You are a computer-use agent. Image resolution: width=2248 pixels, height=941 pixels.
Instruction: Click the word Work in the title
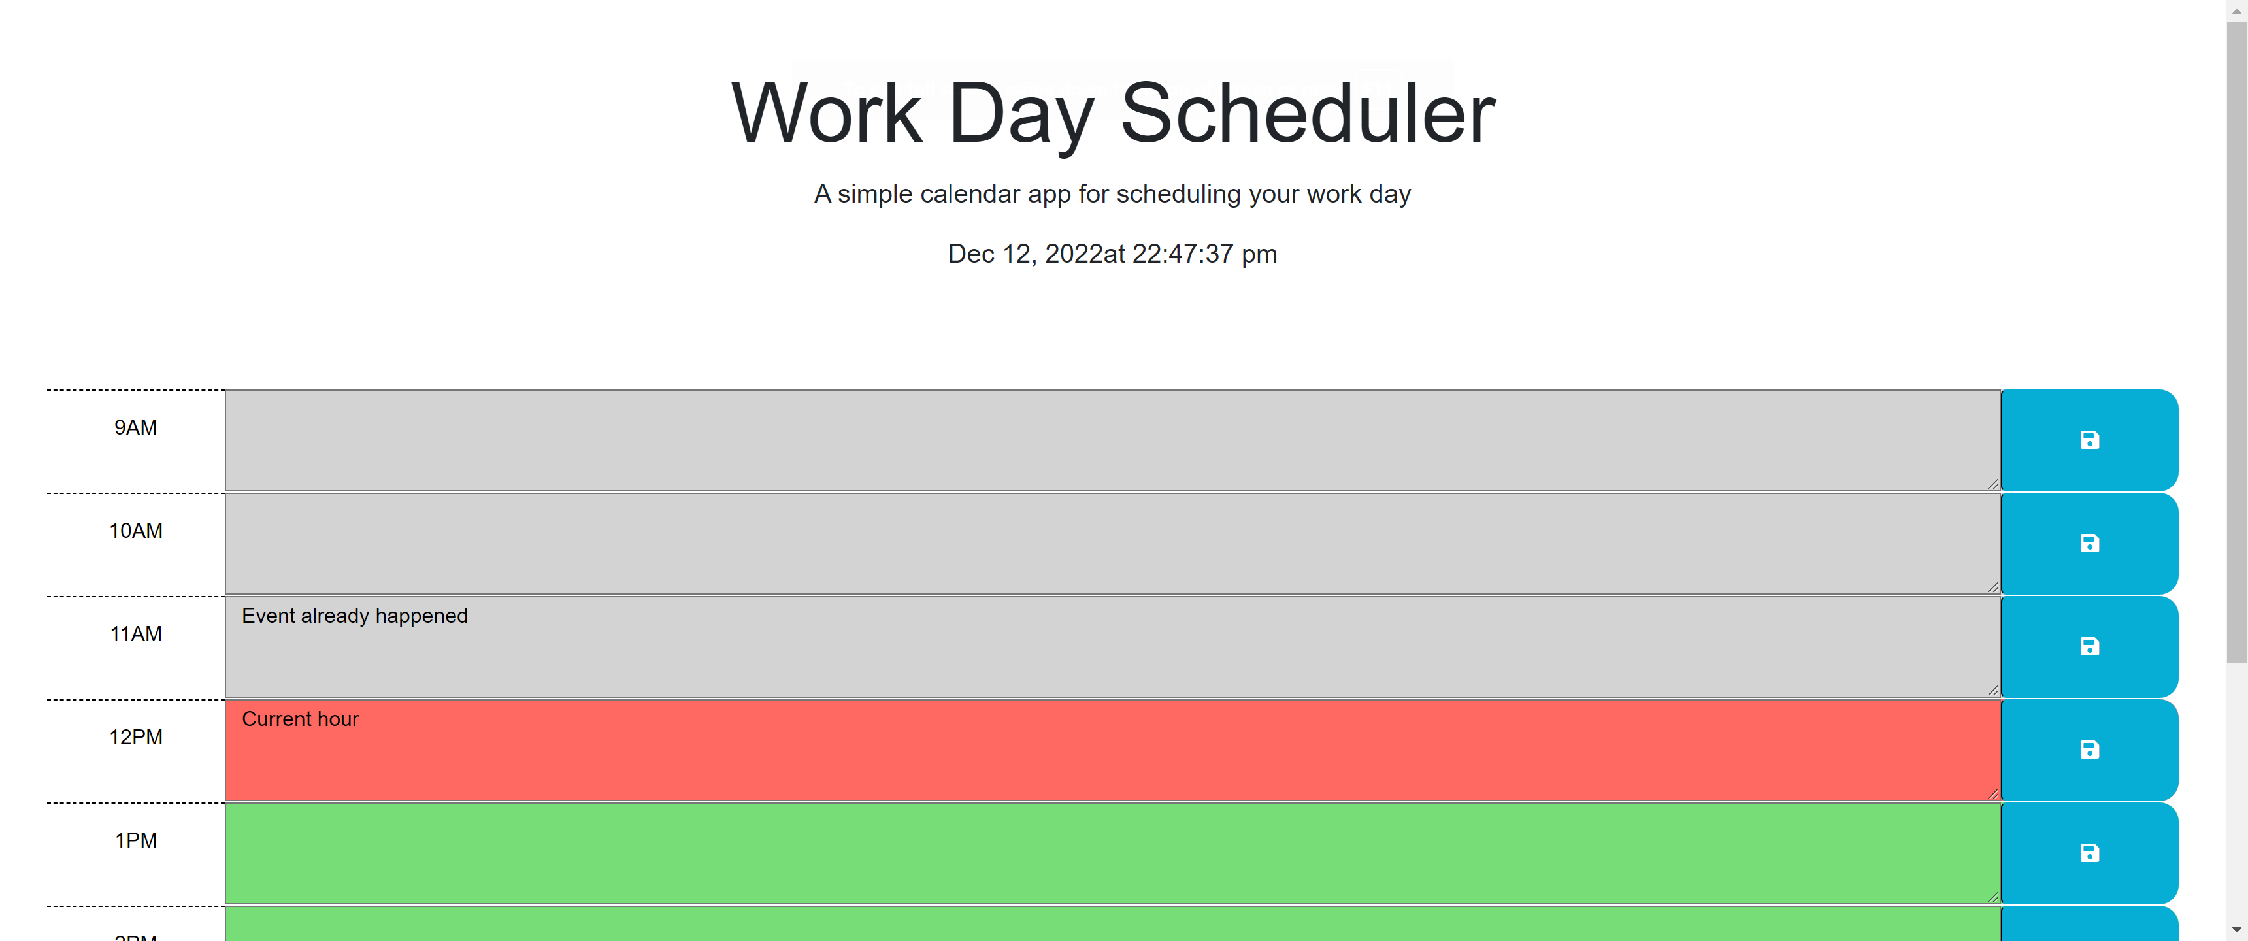coord(827,114)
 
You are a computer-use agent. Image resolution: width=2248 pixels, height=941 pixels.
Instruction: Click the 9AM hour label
coord(136,428)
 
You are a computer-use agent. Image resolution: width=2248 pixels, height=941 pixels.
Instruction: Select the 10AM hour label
coord(136,531)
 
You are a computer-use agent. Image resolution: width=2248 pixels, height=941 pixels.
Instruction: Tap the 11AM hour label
coord(136,634)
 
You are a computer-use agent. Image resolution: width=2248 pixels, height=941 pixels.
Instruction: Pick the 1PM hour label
coord(136,840)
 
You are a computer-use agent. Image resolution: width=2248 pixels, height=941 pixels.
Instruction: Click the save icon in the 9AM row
coord(2089,440)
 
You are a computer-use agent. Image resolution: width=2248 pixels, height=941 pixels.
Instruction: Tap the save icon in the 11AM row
coord(2089,647)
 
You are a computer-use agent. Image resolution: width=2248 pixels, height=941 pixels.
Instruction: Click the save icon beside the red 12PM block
coord(2089,750)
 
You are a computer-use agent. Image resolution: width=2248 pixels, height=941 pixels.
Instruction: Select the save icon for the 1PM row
coord(2089,853)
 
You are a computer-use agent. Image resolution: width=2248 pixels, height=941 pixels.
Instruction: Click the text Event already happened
coord(354,616)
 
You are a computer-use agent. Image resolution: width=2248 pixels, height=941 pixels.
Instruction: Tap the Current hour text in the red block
coord(300,719)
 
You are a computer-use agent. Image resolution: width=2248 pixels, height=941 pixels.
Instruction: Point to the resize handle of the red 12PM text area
coord(1993,795)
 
